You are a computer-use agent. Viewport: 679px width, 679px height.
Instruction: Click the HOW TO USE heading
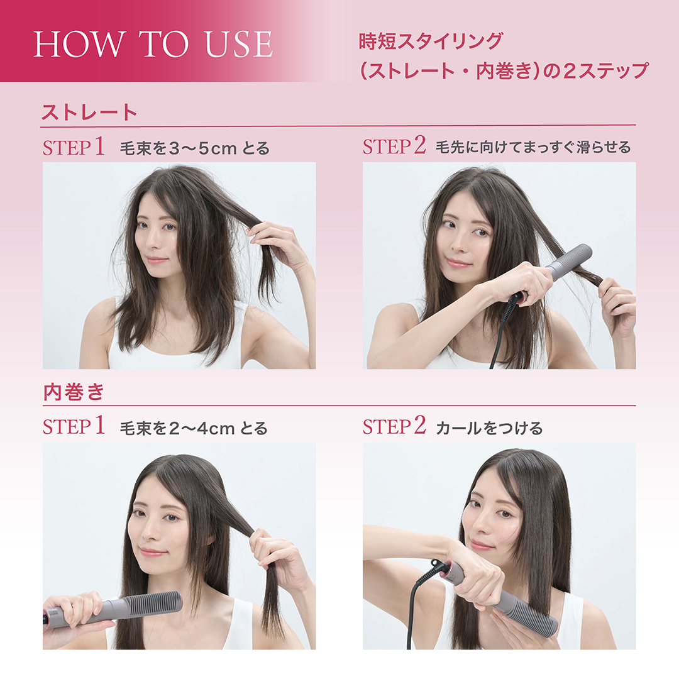click(x=153, y=43)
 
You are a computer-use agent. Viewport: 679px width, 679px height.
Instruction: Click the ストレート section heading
click(x=89, y=113)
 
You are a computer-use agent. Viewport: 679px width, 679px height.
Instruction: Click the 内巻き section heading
click(x=73, y=392)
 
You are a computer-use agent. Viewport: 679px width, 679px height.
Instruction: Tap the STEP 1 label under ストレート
click(x=74, y=148)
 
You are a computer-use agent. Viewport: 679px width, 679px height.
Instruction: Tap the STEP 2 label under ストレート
click(x=394, y=147)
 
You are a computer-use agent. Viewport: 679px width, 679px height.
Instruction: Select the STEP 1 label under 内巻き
click(x=74, y=428)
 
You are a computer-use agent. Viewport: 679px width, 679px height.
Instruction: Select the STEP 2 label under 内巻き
click(x=394, y=428)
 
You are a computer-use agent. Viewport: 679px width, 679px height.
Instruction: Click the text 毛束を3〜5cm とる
click(x=194, y=149)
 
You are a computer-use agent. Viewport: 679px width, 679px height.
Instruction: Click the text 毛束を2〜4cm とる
click(x=194, y=429)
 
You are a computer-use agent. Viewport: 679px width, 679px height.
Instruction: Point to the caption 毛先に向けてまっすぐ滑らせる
click(x=533, y=148)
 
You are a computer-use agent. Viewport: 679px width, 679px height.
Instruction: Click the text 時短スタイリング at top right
click(x=430, y=42)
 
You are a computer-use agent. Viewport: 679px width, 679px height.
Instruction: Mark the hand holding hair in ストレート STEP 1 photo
click(x=277, y=241)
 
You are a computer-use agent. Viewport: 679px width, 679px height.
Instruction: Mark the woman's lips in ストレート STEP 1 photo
click(x=157, y=260)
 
